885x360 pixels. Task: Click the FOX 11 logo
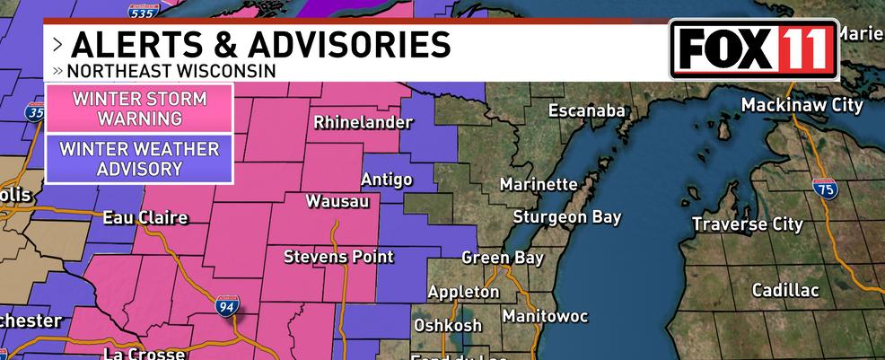[x=753, y=48]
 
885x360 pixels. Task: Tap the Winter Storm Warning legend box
[x=139, y=109]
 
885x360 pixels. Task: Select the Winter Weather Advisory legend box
[x=139, y=157]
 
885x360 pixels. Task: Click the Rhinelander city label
[x=356, y=123]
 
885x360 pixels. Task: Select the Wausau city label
[x=337, y=201]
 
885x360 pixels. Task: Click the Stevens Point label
[x=338, y=257]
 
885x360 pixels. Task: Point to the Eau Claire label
[x=145, y=218]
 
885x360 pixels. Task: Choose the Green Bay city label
[x=503, y=258]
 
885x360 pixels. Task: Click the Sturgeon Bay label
[x=566, y=217]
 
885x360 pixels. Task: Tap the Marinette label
[x=539, y=184]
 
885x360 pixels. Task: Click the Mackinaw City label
[x=802, y=105]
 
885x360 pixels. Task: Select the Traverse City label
[x=748, y=224]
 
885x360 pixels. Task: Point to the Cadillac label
[x=785, y=290]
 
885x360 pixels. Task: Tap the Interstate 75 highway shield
[x=825, y=189]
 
